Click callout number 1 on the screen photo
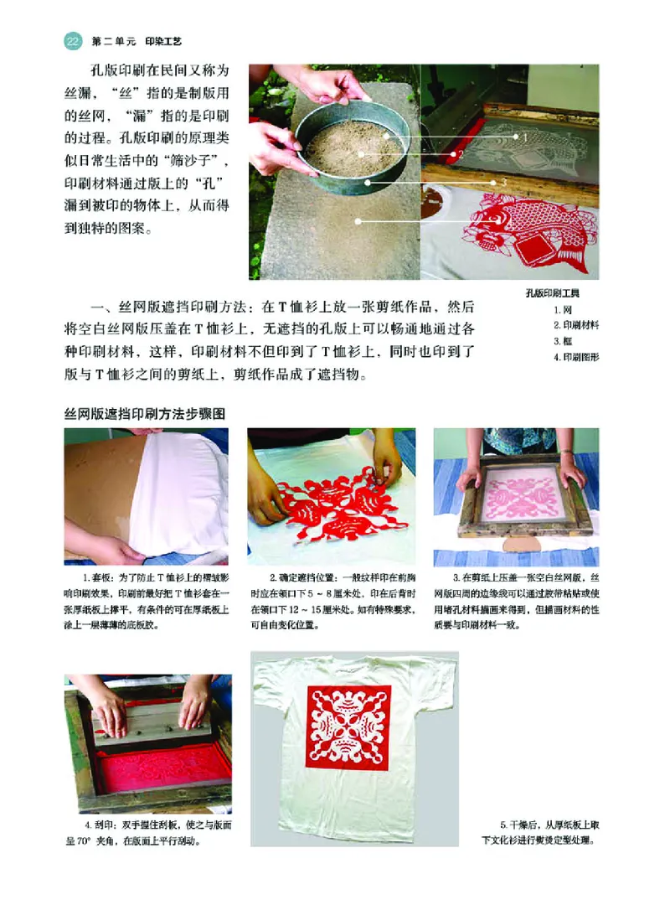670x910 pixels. (x=525, y=135)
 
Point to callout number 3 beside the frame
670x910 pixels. (x=504, y=182)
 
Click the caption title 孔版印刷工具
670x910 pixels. (x=553, y=294)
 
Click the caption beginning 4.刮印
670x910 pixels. (x=147, y=833)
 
